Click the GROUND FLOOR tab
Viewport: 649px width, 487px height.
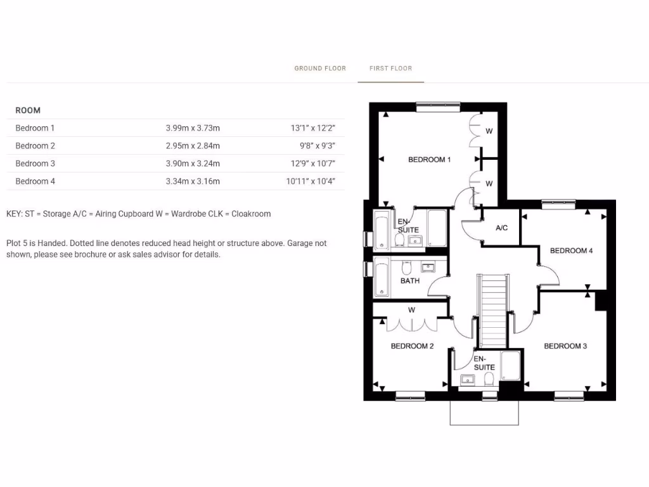(x=320, y=68)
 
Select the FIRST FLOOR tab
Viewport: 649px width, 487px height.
(x=390, y=68)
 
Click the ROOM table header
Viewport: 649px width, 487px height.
(x=28, y=110)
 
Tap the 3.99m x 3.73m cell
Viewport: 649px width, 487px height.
(x=193, y=128)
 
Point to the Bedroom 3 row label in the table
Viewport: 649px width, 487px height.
(x=35, y=164)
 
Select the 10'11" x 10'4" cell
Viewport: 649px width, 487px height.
(x=311, y=181)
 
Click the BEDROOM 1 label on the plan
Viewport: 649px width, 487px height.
(x=429, y=160)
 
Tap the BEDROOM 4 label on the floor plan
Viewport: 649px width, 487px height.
(x=571, y=251)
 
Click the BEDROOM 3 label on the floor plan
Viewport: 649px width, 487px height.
(x=565, y=346)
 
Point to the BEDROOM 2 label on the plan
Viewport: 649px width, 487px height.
(x=412, y=346)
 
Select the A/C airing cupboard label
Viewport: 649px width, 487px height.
(x=501, y=228)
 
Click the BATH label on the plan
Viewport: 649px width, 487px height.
(x=409, y=281)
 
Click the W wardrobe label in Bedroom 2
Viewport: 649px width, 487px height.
(x=411, y=310)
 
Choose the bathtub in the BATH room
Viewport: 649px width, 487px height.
(x=382, y=276)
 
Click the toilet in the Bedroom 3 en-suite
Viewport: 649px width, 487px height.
(x=489, y=379)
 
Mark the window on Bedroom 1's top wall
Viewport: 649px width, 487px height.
(x=438, y=105)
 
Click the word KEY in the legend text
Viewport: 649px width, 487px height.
(x=13, y=214)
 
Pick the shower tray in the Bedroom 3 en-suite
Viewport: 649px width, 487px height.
(x=511, y=366)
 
